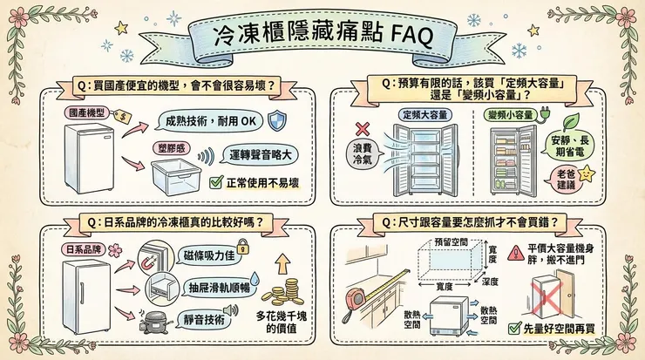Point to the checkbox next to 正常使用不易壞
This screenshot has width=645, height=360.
217,182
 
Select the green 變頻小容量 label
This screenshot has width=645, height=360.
510,115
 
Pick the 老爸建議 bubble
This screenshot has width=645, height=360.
571,180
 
